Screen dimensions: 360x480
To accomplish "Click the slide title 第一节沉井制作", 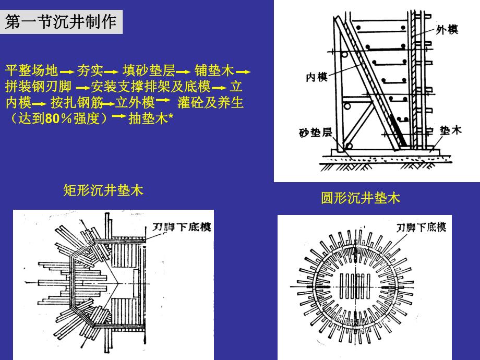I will [61, 23].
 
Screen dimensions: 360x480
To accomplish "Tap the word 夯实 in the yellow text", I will [90, 70].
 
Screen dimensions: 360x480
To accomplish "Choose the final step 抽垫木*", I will [150, 118].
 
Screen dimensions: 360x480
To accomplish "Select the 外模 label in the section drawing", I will [447, 30].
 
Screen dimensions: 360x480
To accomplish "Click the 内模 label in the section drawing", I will [316, 77].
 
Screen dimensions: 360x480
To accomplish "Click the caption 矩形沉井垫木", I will [103, 190].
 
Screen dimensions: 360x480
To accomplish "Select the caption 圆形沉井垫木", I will [360, 198].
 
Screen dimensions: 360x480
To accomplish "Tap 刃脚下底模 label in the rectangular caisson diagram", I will [181, 227].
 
